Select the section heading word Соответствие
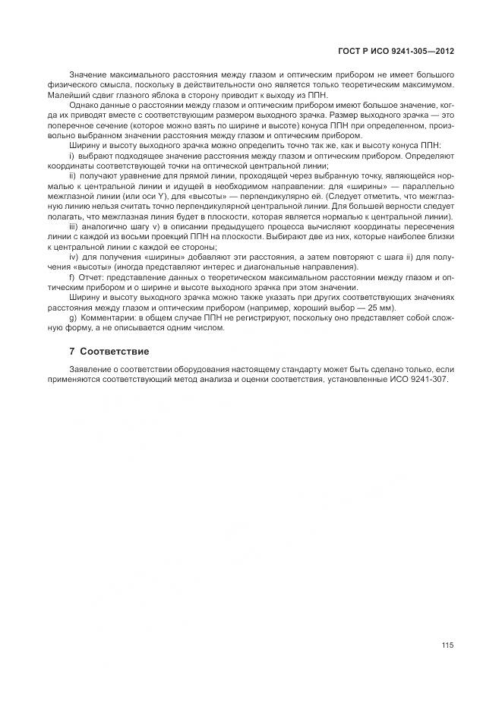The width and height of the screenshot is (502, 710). tap(115, 352)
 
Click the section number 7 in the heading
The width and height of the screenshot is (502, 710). tap(71, 352)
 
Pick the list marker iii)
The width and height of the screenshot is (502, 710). tap(74, 227)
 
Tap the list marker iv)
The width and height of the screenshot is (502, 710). tap(74, 257)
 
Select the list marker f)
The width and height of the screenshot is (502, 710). tap(72, 277)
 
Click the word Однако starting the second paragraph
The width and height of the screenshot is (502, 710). tap(84, 104)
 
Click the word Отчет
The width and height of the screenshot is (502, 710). tap(92, 277)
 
